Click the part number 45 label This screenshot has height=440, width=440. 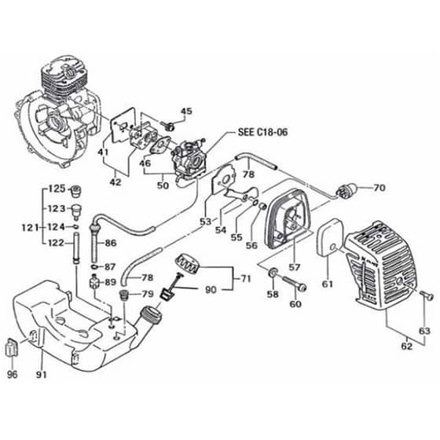[187, 112]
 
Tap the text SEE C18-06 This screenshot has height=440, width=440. [263, 132]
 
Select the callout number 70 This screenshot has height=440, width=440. [379, 188]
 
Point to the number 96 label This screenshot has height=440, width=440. [12, 374]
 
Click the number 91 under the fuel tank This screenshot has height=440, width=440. [42, 374]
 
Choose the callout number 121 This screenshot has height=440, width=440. [31, 228]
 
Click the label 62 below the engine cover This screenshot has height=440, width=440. [407, 346]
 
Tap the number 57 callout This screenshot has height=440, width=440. [295, 267]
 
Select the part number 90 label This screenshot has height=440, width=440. [211, 290]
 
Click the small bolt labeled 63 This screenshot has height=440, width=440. [427, 295]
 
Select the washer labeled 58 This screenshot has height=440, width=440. [273, 273]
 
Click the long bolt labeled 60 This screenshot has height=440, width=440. [295, 284]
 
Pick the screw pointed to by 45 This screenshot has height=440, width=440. [168, 126]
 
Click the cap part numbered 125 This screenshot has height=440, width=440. [75, 191]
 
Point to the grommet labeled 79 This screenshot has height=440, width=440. [124, 295]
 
